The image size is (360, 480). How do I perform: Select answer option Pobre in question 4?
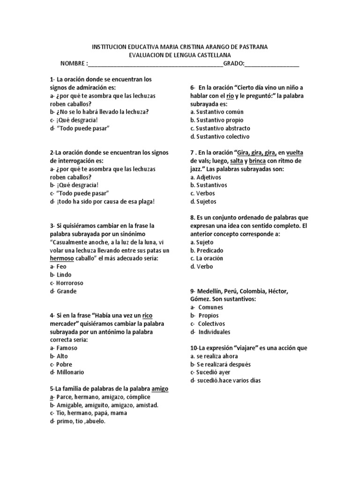65,364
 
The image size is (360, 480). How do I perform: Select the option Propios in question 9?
208,315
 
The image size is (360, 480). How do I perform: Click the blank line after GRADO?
272,63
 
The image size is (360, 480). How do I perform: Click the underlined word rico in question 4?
148,315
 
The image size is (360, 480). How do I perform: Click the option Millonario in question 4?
69,372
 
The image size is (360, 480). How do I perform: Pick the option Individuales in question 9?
214,332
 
